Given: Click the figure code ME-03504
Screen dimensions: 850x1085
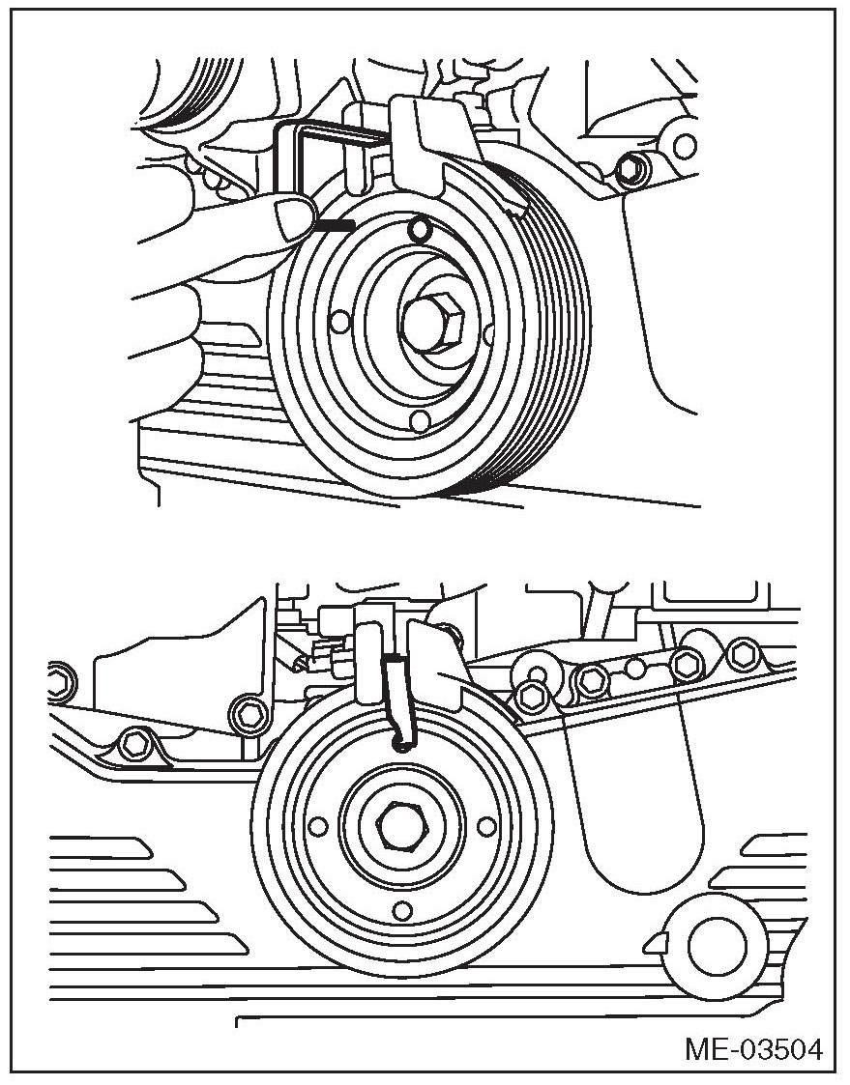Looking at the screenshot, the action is [753, 1049].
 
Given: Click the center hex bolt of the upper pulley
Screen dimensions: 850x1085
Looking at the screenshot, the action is [432, 323].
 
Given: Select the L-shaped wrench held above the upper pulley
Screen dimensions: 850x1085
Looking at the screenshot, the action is [326, 159].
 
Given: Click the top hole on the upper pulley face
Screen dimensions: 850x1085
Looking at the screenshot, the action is [419, 229].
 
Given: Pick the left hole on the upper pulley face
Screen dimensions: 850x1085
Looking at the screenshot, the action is [339, 321].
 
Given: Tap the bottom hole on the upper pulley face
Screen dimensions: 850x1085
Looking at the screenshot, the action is [420, 420].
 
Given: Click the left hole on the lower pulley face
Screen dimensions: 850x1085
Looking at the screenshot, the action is [318, 825].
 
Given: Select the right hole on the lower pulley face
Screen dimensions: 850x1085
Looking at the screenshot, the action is [487, 825].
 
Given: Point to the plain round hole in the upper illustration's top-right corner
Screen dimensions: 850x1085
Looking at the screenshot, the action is [685, 146].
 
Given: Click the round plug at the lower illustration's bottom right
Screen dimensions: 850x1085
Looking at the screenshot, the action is [715, 946].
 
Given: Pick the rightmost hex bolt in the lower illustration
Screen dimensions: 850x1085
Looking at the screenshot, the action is [744, 653].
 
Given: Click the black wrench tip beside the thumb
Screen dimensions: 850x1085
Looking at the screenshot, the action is [335, 225].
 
